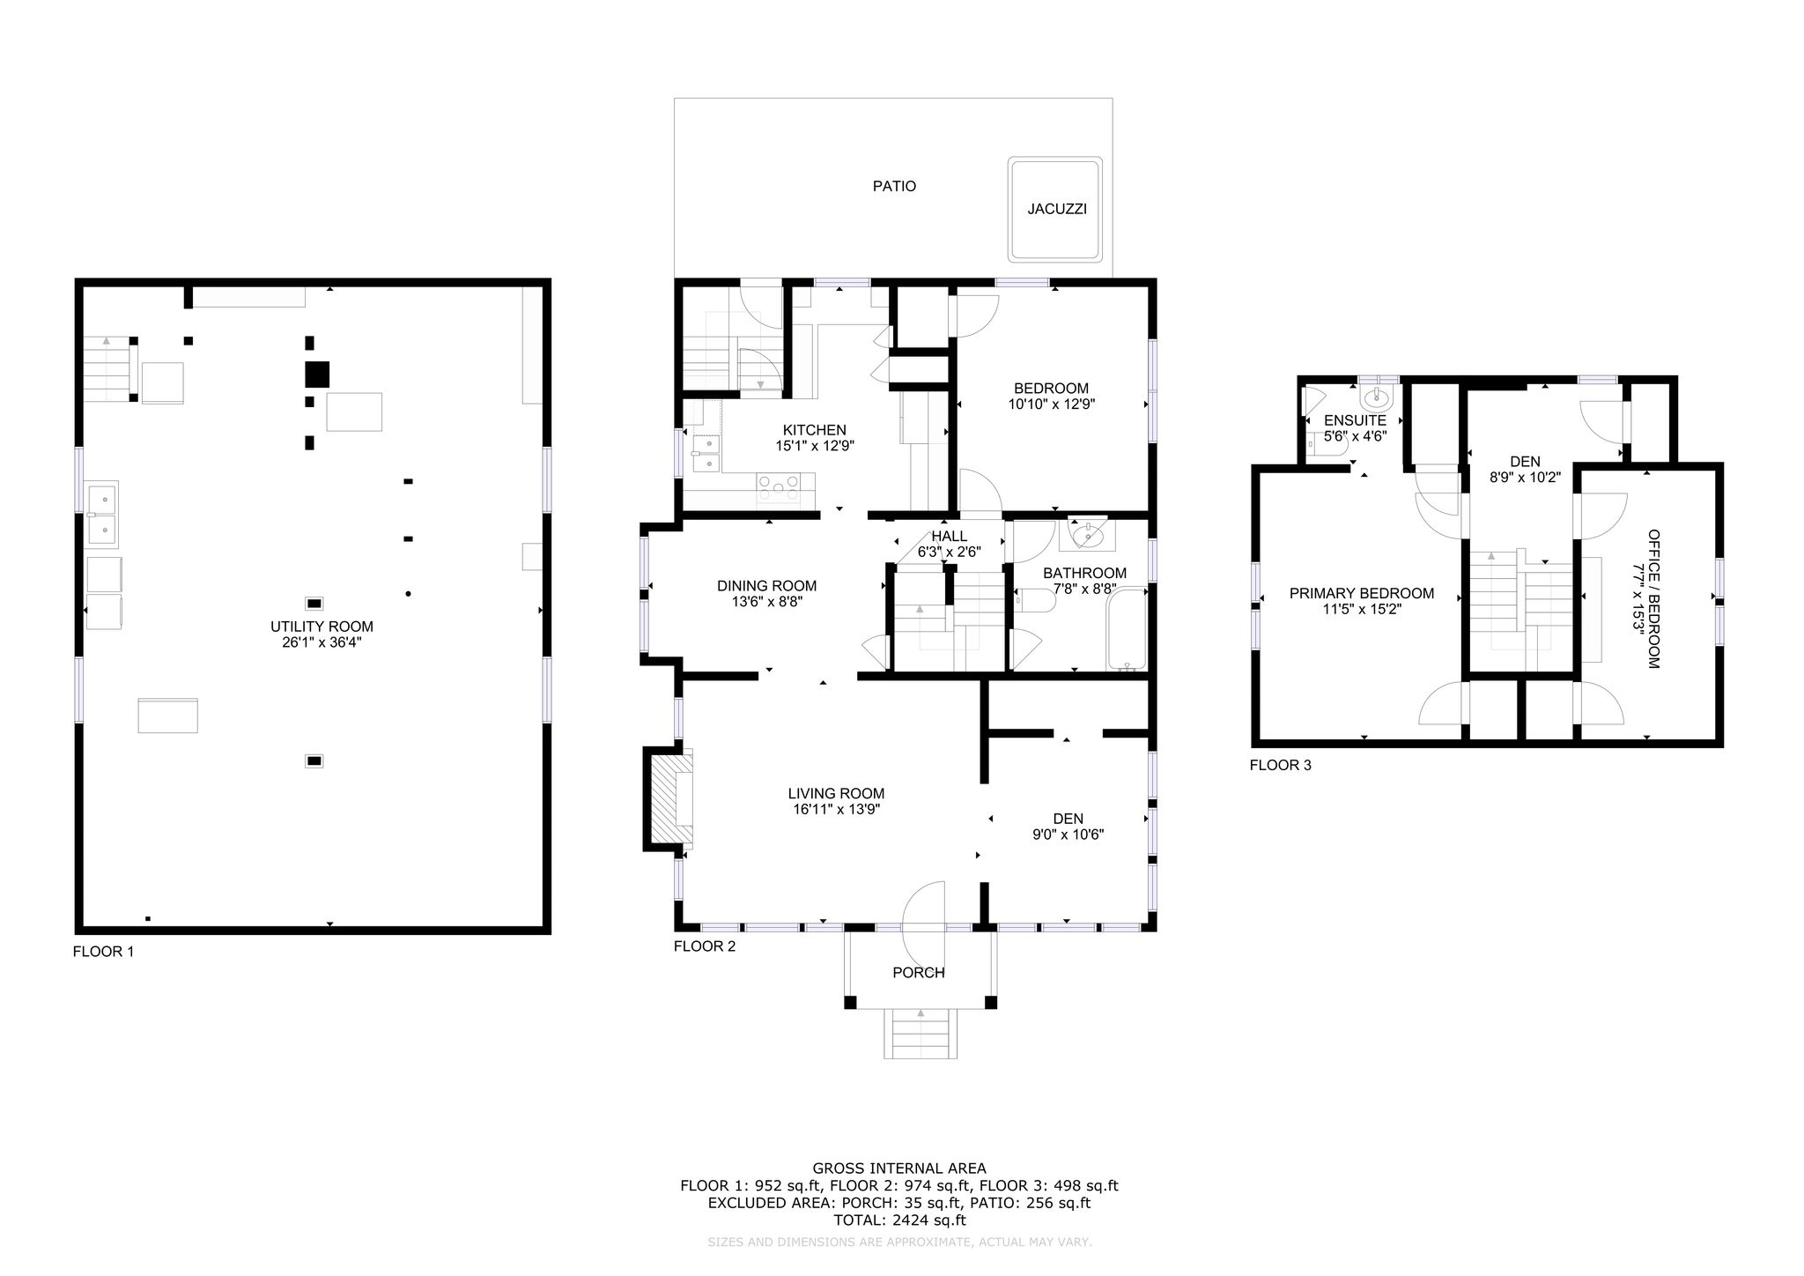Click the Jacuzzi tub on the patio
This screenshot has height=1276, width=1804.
tap(1055, 210)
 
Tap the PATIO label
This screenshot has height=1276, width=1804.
tap(894, 187)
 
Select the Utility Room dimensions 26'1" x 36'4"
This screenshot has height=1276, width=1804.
tap(322, 643)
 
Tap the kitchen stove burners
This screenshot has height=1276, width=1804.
tap(779, 481)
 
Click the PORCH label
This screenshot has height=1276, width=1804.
tap(919, 973)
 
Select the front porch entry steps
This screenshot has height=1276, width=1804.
tap(920, 1033)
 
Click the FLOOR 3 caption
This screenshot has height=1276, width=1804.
tap(1281, 765)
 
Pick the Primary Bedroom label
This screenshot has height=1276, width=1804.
tap(1362, 594)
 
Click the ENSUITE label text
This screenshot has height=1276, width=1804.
tap(1356, 421)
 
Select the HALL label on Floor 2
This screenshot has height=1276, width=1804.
tap(950, 536)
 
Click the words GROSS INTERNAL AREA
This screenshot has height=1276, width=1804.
tap(899, 1168)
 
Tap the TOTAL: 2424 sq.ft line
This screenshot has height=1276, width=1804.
tap(899, 1220)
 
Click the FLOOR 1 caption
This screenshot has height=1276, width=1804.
tap(103, 952)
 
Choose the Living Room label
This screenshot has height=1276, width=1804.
tap(836, 793)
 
